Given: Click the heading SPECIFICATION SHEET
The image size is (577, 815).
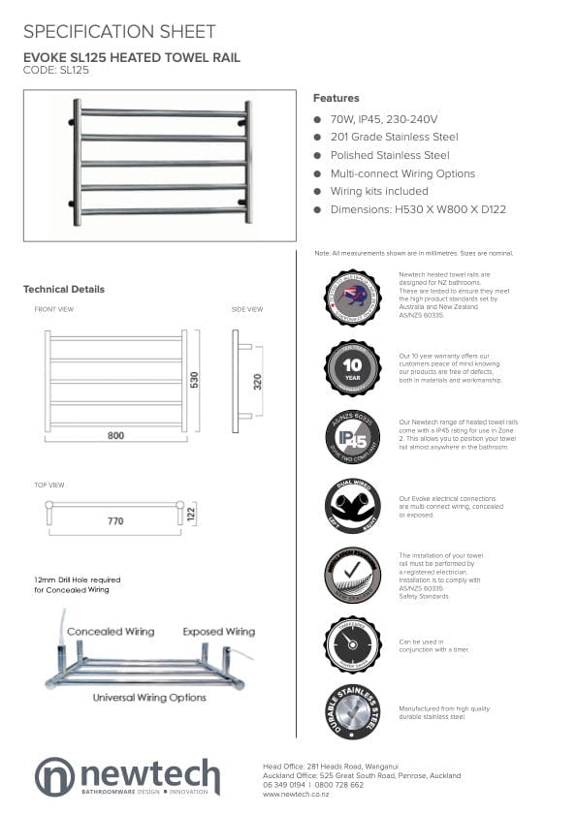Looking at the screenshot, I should (x=119, y=32).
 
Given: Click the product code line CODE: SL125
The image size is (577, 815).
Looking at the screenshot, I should (x=55, y=71).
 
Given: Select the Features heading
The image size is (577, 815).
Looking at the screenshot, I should (x=336, y=98).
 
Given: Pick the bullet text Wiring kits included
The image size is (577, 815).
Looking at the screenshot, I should (x=378, y=191).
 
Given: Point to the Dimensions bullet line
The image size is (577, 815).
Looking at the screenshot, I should (x=418, y=209).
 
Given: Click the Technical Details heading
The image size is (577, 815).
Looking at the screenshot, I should (x=64, y=289).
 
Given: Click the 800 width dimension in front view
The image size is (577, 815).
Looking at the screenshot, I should (x=115, y=436).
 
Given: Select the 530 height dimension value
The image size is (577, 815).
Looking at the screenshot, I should (x=194, y=380).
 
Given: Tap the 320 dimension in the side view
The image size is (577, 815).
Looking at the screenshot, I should (x=258, y=381).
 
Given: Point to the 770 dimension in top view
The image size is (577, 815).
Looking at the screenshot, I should (x=114, y=521).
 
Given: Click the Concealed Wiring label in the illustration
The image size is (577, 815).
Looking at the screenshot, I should (x=111, y=632).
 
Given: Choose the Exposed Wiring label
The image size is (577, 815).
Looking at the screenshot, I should (x=218, y=632).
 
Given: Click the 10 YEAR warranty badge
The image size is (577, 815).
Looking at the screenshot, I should (x=352, y=367).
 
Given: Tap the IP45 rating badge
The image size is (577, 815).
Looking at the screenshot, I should (x=352, y=437).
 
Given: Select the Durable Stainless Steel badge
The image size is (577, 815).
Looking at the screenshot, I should (x=352, y=712).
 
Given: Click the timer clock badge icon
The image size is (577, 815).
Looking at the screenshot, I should (x=352, y=643).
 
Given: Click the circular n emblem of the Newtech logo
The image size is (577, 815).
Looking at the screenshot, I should (x=54, y=777).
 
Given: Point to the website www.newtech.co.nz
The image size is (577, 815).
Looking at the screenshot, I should (x=296, y=795).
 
